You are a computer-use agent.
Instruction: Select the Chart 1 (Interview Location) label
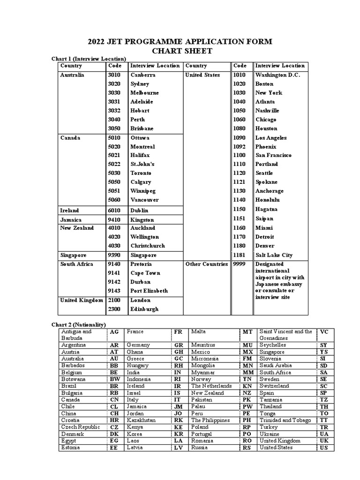tap(88, 59)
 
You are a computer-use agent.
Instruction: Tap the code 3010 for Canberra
tap(114, 75)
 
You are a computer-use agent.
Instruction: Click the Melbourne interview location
tap(144, 93)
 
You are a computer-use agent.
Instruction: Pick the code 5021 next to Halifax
tap(114, 155)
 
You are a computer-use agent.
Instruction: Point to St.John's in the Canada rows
tap(142, 164)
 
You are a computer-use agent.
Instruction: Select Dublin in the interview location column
tap(139, 210)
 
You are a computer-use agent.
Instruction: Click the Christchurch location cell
tap(148, 246)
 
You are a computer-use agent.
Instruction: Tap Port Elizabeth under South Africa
tap(149, 291)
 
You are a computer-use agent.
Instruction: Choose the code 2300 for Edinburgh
tap(114, 309)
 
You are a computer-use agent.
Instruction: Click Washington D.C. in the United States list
tap(277, 75)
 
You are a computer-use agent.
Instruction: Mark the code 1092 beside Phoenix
tap(240, 146)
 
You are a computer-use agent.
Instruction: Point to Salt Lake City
tap(274, 255)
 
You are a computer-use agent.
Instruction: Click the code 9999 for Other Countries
tap(240, 264)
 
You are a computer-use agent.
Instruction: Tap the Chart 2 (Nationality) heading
tap(78, 324)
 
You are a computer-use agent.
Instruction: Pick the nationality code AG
tap(114, 331)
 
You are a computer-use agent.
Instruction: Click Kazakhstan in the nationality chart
tap(141, 420)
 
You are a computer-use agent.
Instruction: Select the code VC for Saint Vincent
tap(323, 331)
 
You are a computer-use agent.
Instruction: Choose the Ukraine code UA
tap(323, 434)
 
